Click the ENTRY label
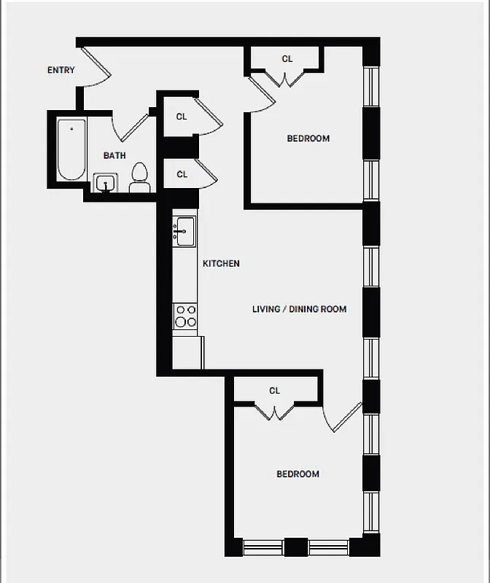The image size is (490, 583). (61, 71)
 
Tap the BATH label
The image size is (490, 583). (114, 155)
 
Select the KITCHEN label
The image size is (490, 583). (221, 264)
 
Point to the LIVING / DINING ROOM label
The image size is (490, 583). (299, 309)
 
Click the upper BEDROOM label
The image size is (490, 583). (308, 138)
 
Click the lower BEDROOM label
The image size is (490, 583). (297, 474)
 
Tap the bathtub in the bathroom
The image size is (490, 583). (71, 149)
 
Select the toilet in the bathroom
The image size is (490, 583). (139, 178)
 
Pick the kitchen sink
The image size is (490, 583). (184, 231)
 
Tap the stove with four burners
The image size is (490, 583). (185, 316)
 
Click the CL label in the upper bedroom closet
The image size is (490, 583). (287, 59)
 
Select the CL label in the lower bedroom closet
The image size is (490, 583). (274, 391)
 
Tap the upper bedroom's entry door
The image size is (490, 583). (260, 95)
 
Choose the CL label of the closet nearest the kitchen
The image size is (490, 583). (182, 175)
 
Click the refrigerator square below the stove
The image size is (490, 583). (187, 353)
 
